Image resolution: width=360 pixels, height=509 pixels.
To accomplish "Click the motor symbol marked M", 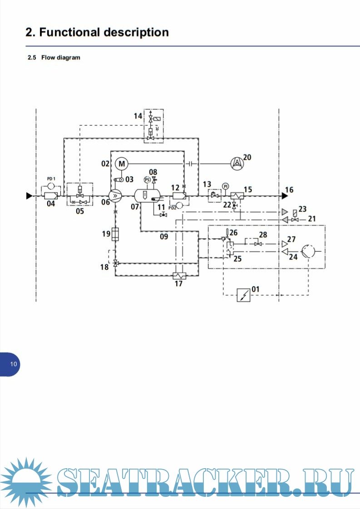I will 121,163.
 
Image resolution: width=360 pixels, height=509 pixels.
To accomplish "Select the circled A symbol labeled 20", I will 237,163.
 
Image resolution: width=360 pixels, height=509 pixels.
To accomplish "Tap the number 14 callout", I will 138,116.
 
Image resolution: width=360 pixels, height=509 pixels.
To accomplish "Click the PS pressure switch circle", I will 147,180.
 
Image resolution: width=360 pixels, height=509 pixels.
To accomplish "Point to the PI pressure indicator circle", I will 225,186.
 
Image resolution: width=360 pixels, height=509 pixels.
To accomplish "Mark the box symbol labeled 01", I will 244,295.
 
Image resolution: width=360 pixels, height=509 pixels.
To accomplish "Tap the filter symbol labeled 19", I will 115,234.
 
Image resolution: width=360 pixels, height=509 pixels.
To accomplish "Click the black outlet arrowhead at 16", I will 284,196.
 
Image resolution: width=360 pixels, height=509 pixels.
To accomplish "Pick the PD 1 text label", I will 51,179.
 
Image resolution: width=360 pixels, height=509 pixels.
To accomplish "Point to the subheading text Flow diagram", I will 61,58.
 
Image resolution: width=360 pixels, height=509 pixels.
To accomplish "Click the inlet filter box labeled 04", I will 51,196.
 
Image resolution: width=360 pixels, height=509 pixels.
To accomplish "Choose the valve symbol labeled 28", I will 258,244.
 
